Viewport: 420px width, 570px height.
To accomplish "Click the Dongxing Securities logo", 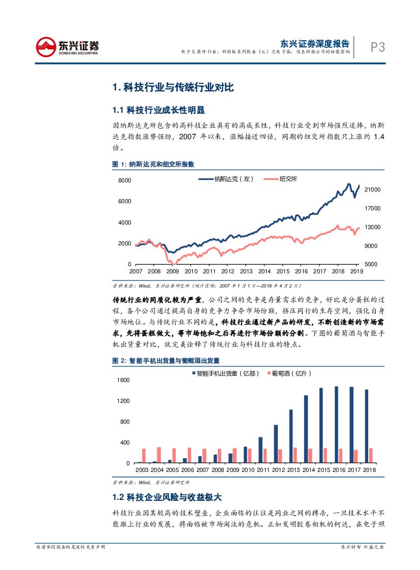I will tap(68, 47).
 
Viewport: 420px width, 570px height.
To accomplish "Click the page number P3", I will tap(377, 47).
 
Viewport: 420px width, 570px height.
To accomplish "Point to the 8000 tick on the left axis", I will tap(124, 181).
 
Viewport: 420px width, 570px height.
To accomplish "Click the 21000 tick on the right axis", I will tap(372, 189).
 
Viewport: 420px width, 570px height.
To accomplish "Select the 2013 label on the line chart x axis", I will tap(246, 271).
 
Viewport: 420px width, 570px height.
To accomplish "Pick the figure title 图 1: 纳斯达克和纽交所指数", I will tap(153, 164).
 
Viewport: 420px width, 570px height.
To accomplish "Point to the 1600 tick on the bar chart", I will tap(123, 380).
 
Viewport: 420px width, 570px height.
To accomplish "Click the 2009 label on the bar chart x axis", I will tap(233, 470).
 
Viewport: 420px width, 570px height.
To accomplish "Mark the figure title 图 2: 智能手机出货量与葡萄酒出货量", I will tap(166, 360).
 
